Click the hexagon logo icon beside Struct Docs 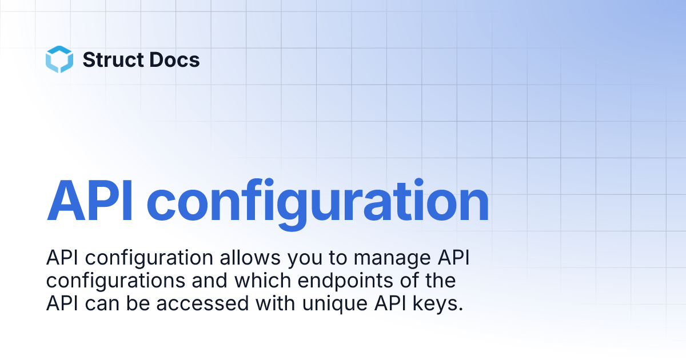click(59, 59)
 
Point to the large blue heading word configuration click(318, 201)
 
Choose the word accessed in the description click(201, 303)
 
